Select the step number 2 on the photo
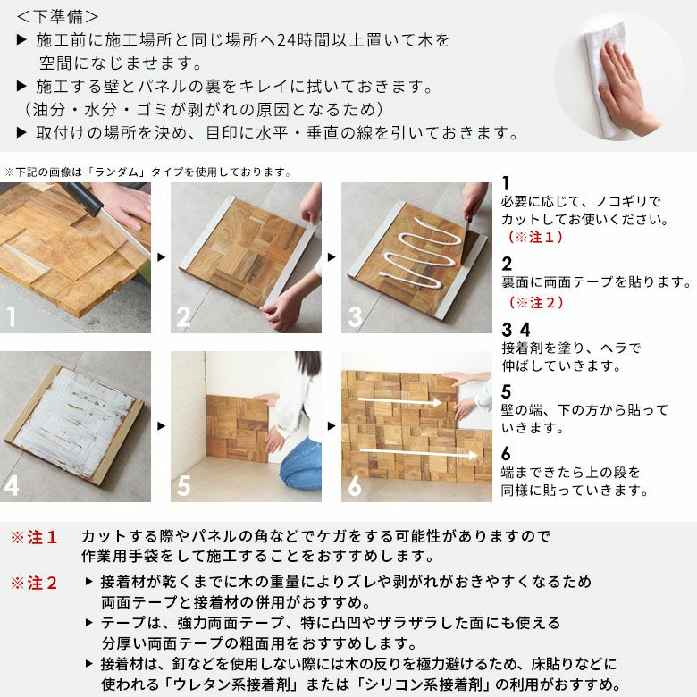click(x=183, y=315)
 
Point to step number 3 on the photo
click(x=354, y=315)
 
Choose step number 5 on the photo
click(x=183, y=486)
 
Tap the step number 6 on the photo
click(x=355, y=486)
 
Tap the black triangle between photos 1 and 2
click(x=161, y=257)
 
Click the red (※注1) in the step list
click(x=536, y=238)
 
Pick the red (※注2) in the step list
click(x=536, y=303)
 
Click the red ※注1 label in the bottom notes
click(x=34, y=537)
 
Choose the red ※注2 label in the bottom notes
click(x=34, y=583)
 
